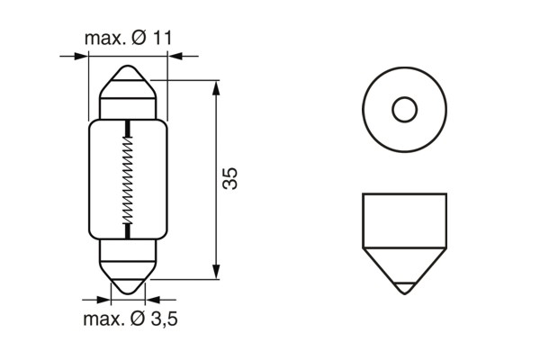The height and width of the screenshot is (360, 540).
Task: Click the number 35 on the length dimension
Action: [x=229, y=178]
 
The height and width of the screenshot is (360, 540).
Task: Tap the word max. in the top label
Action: [x=106, y=39]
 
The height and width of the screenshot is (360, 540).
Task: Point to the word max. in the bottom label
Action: [x=106, y=320]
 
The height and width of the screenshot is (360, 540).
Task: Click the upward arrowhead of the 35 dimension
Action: [x=216, y=86]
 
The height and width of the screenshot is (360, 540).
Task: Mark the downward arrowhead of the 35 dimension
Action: [x=216, y=272]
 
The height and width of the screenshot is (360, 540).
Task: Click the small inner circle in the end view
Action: [x=404, y=111]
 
